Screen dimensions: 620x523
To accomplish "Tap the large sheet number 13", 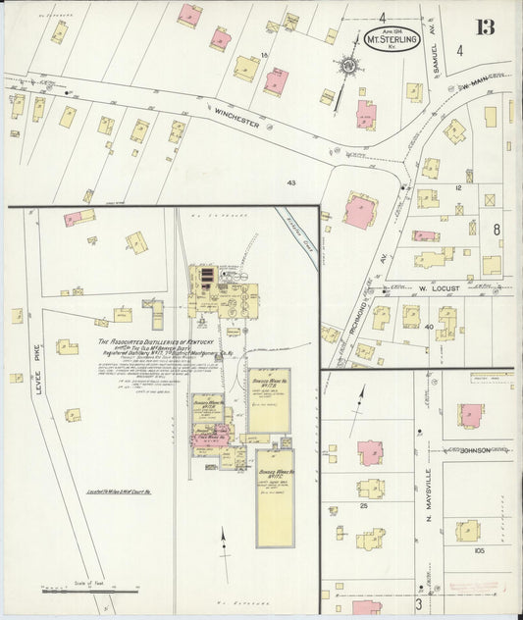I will coord(485,26).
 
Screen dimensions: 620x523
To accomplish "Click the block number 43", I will coord(291,182).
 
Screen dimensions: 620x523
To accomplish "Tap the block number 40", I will coord(430,325).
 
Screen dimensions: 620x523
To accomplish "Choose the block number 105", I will coord(479,551).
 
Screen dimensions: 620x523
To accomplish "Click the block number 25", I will coord(363,505).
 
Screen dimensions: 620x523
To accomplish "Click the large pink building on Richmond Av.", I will coord(359,210).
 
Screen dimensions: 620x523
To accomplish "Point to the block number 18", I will coord(264,55).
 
